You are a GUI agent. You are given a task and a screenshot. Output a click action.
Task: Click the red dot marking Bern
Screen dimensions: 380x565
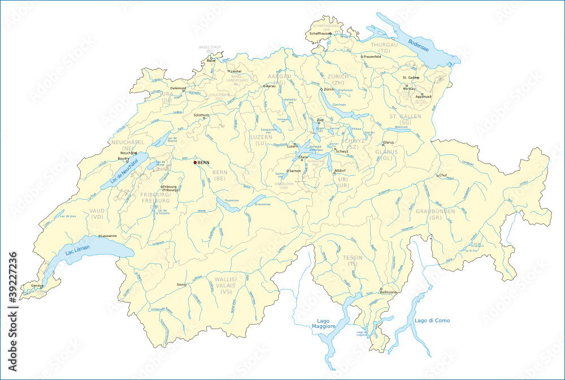195,162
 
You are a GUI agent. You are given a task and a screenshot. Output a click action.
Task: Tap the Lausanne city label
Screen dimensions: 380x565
108,236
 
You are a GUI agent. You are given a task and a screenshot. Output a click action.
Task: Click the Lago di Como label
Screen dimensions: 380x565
432,321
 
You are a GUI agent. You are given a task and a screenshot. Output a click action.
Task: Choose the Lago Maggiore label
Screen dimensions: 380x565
326,323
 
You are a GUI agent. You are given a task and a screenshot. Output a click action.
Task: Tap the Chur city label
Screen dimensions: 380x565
444,175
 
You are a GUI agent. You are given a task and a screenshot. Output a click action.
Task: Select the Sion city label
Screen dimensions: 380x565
180,284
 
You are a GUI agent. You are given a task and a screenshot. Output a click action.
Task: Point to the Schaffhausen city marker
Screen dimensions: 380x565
331,34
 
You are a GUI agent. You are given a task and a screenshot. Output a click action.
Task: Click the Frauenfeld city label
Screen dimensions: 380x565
373,57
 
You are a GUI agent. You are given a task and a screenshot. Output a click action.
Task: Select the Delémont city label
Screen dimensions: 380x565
178,88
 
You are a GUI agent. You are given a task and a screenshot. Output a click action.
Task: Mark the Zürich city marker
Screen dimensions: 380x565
321,89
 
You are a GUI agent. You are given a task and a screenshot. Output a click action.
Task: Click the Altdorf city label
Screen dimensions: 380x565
340,170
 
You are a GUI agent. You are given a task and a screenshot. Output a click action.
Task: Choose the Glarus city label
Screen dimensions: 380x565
389,142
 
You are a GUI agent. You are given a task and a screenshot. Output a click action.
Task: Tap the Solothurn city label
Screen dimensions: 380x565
201,115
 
